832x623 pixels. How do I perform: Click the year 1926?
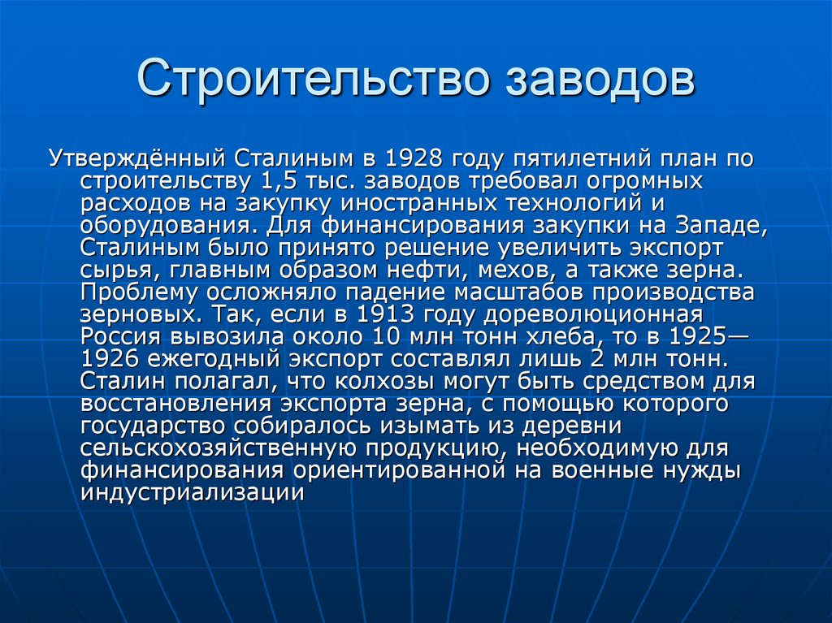coord(110,358)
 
